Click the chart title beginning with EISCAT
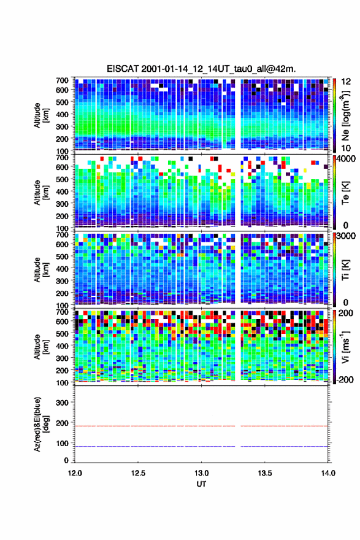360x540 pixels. pyautogui.click(x=201, y=69)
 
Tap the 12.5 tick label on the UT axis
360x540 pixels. pyautogui.click(x=138, y=473)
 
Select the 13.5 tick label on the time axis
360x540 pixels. pyautogui.click(x=265, y=473)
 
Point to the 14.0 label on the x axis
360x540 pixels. pyautogui.click(x=328, y=473)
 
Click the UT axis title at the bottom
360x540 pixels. pyautogui.click(x=201, y=484)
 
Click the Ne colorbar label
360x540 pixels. pyautogui.click(x=346, y=115)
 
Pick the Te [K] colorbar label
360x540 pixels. pyautogui.click(x=345, y=193)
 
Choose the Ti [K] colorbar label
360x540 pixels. pyautogui.click(x=345, y=270)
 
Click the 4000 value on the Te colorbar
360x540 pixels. pyautogui.click(x=345, y=159)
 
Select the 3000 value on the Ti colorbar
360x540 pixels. pyautogui.click(x=346, y=236)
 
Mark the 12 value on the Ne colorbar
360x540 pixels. pyautogui.click(x=346, y=82)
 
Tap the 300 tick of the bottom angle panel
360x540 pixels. pyautogui.click(x=62, y=403)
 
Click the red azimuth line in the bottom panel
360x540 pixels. pyautogui.click(x=201, y=426)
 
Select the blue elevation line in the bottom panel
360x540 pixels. pyautogui.click(x=201, y=446)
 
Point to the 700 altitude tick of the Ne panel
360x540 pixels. pyautogui.click(x=62, y=80)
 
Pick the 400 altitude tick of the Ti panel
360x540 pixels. pyautogui.click(x=62, y=269)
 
